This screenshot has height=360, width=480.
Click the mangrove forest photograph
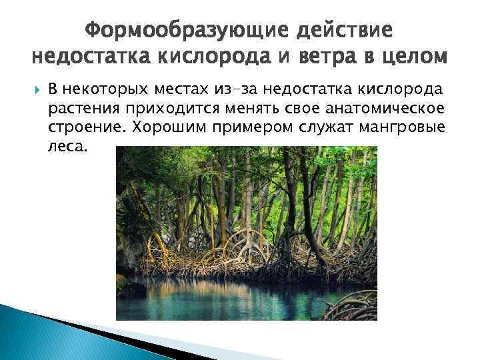point(247,233)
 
